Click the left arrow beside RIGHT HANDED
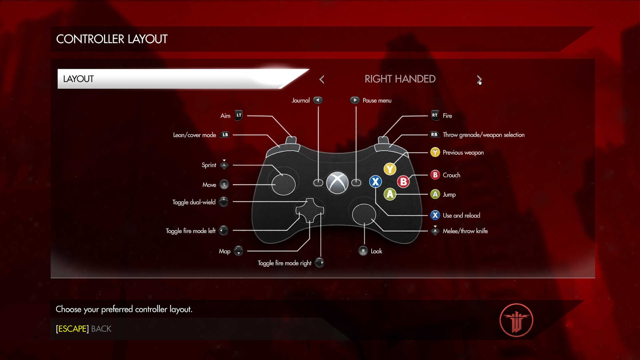point(322,79)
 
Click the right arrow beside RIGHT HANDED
point(479,79)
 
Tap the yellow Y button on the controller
point(390,169)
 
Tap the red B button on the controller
point(403,182)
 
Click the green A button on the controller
point(390,194)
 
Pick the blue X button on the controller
point(375,182)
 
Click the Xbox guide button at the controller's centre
point(337,183)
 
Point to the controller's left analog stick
point(283,184)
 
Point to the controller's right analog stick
point(364,214)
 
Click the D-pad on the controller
point(310,210)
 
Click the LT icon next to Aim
point(239,115)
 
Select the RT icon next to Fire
point(435,115)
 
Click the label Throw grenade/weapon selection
point(483,135)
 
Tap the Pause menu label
point(377,100)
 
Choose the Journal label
point(300,100)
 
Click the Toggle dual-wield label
point(194,202)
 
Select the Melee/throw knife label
point(465,231)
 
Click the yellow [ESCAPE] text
point(72,329)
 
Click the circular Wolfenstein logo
point(516,320)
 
